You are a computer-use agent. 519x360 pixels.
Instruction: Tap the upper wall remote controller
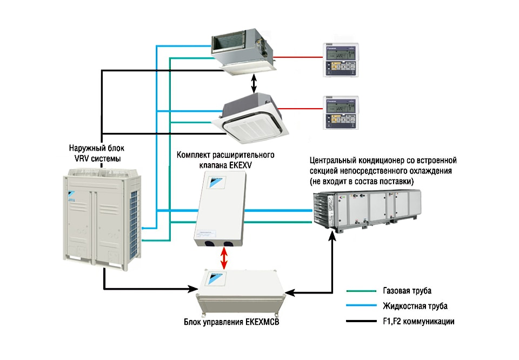[x=339, y=59]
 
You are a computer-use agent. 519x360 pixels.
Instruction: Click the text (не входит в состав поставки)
[x=362, y=181]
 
